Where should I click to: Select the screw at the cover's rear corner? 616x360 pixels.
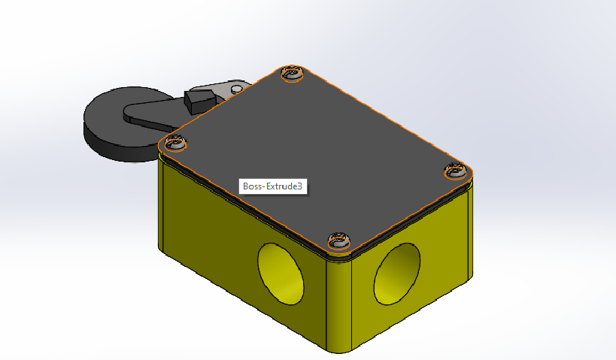292,74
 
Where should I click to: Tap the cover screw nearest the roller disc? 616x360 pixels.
176,141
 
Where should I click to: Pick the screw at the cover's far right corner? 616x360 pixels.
455,171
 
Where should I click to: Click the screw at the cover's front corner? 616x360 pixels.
338,241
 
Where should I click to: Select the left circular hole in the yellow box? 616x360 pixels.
281,273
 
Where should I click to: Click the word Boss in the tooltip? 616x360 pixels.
253,186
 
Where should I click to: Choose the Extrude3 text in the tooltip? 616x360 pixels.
286,186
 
